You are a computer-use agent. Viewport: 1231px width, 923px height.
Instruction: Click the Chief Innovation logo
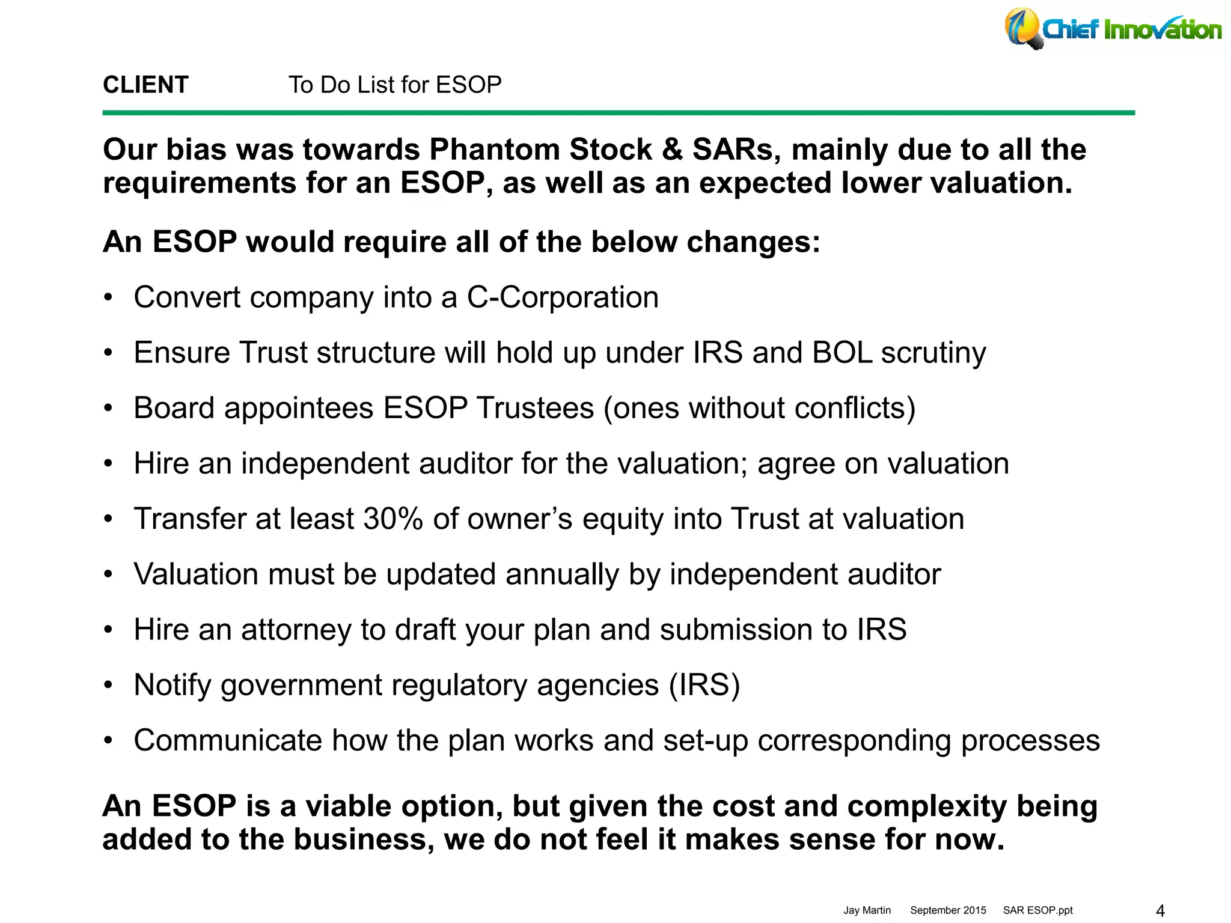(x=1112, y=29)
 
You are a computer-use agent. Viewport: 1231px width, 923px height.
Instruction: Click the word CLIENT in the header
(x=145, y=85)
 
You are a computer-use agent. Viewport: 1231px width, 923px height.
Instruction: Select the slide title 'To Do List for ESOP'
(x=395, y=85)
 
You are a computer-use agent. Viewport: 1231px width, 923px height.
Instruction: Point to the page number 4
(x=1160, y=910)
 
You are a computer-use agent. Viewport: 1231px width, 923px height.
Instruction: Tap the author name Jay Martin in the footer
(x=867, y=910)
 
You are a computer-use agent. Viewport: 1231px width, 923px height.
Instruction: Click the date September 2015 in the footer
(x=948, y=910)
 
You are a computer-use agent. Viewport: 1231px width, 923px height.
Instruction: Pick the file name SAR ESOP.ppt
(x=1037, y=910)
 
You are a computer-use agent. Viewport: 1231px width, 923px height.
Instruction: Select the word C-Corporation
(x=563, y=297)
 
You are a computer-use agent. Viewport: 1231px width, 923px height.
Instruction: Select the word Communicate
(x=228, y=740)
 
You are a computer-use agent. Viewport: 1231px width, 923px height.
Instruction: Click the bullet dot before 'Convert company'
(x=108, y=298)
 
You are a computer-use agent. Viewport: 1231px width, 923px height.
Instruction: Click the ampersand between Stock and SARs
(x=672, y=150)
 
